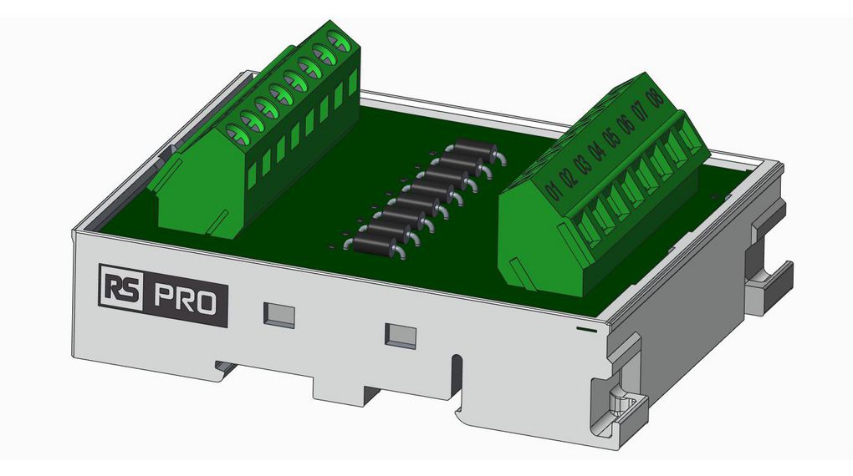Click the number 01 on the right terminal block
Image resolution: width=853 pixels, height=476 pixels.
pyautogui.click(x=551, y=190)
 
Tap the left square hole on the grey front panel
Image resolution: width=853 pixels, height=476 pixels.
pyautogui.click(x=279, y=314)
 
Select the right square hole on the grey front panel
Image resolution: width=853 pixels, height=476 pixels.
pyautogui.click(x=401, y=335)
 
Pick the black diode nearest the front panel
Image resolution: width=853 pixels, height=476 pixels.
pyautogui.click(x=375, y=243)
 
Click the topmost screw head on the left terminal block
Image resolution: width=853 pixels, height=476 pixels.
pyautogui.click(x=339, y=40)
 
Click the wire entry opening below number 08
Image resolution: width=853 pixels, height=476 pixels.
pyautogui.click(x=692, y=135)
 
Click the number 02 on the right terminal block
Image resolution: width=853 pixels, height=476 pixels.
pyautogui.click(x=566, y=178)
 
